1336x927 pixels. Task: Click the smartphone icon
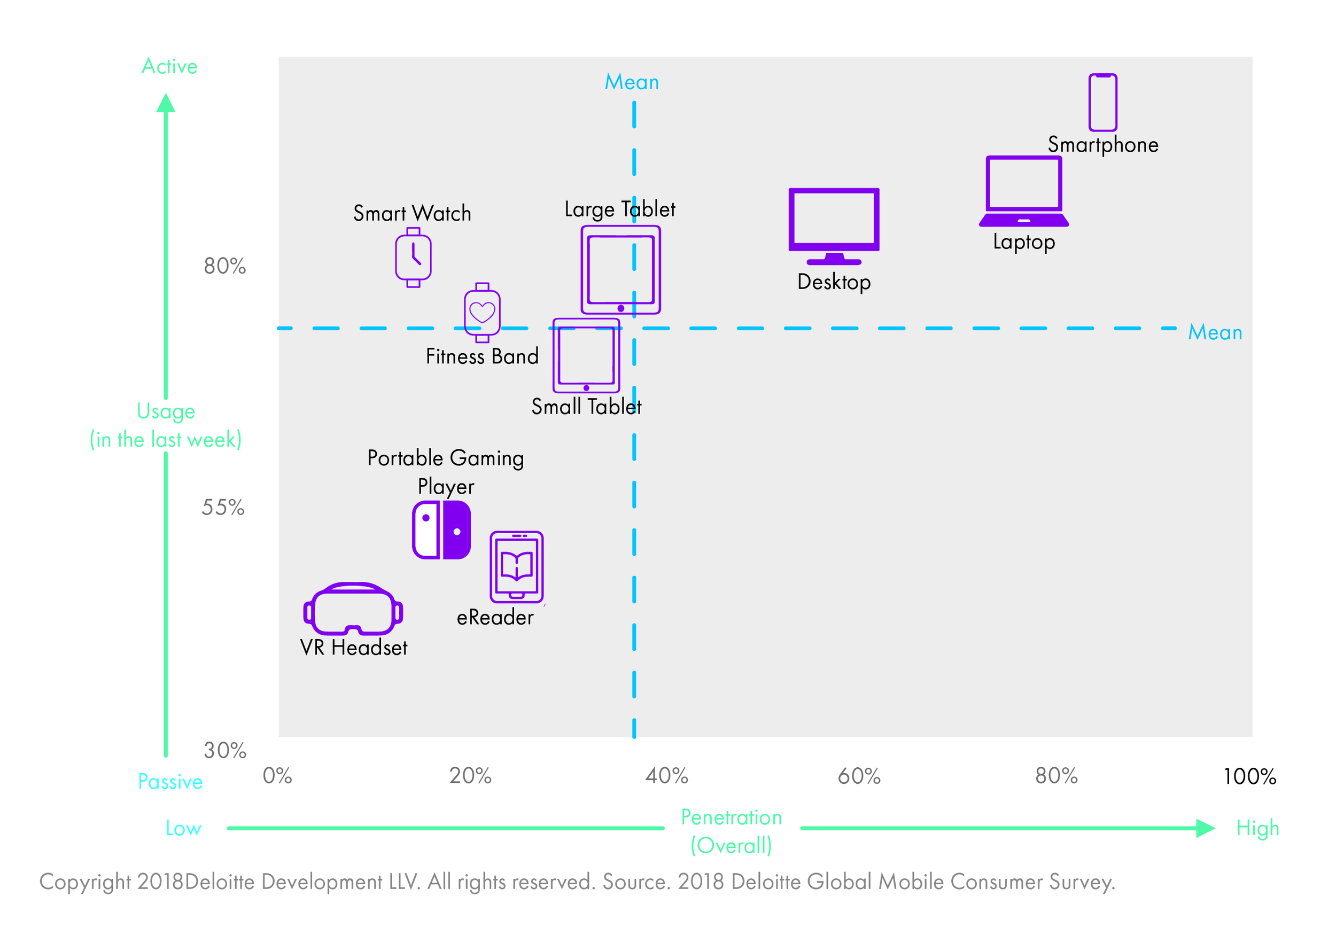[x=1102, y=102]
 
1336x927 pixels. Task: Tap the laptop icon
[x=1023, y=191]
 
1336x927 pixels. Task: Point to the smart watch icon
[x=413, y=258]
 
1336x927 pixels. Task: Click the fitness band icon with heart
[x=481, y=313]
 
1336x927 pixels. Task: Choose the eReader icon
[x=516, y=566]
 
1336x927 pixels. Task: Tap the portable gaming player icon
[x=441, y=529]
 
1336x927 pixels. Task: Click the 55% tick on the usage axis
[x=223, y=508]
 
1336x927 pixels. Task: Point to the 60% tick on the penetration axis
[x=859, y=776]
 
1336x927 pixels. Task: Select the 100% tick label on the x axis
[x=1249, y=776]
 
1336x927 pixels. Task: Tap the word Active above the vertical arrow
[x=169, y=67]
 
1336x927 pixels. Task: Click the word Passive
[x=170, y=782]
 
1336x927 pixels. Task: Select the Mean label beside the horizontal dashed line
[x=1215, y=332]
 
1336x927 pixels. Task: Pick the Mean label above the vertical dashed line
[x=632, y=82]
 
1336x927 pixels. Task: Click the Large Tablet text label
[x=619, y=209]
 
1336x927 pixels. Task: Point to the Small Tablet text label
[x=586, y=407]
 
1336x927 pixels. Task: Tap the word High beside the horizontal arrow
[x=1257, y=828]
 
